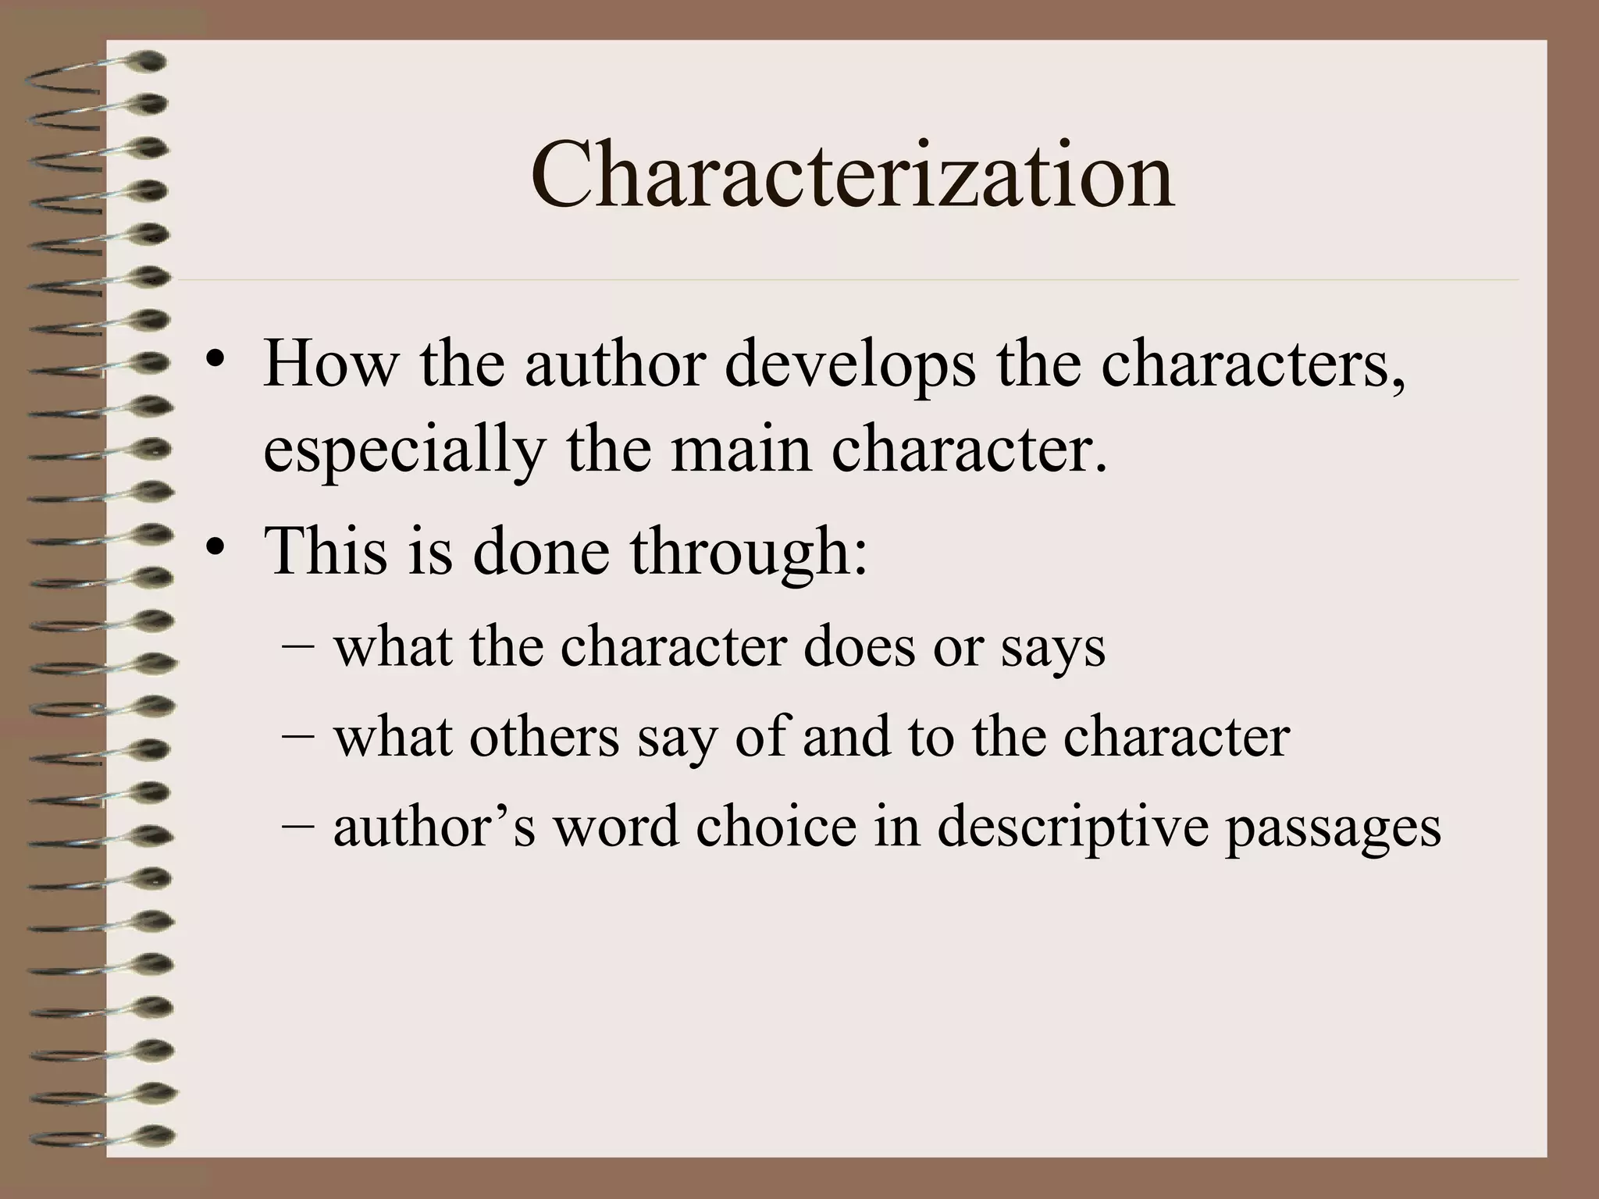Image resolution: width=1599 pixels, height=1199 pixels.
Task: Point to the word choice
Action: tap(775, 827)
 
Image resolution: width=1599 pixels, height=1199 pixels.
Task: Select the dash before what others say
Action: tap(296, 735)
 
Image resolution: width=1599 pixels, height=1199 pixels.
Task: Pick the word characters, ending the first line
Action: tap(1253, 365)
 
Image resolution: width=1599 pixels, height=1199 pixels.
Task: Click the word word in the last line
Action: tap(616, 827)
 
